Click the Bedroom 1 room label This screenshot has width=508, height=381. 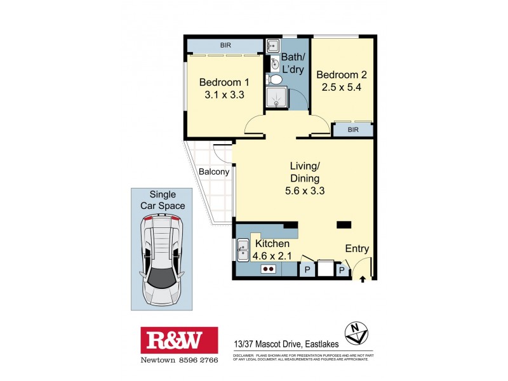[x=224, y=83]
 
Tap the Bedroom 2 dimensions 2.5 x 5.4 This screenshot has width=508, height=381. [x=342, y=88]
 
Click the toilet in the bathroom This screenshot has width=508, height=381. [x=275, y=80]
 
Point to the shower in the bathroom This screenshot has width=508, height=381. [x=276, y=98]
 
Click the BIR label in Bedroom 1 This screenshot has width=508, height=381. [x=225, y=46]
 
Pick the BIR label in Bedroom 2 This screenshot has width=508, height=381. [x=353, y=129]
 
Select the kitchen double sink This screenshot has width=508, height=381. [x=242, y=250]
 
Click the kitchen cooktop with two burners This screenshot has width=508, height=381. [x=268, y=269]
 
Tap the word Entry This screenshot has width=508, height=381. [x=357, y=249]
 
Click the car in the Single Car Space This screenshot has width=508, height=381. [x=161, y=257]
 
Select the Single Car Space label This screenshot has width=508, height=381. [x=163, y=200]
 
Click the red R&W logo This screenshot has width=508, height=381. [x=179, y=340]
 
